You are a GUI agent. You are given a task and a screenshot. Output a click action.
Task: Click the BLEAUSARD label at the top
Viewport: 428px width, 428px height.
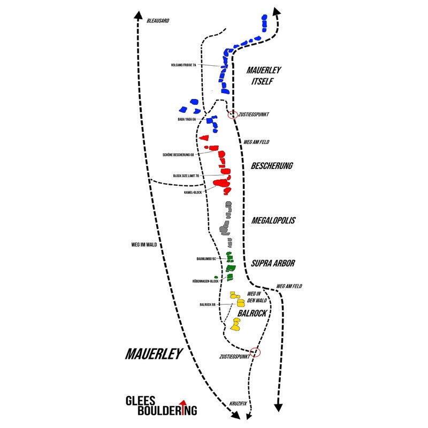click(x=157, y=20)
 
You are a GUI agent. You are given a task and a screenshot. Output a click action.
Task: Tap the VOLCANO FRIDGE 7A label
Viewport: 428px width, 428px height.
click(x=184, y=65)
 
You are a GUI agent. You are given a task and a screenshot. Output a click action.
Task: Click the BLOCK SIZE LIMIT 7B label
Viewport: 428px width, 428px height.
click(x=186, y=175)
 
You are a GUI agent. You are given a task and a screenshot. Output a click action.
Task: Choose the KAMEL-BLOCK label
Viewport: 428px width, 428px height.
click(x=193, y=192)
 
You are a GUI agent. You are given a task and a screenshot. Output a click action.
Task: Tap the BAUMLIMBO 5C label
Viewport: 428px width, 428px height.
click(x=207, y=258)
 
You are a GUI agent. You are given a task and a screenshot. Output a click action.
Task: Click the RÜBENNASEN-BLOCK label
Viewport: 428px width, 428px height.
click(x=205, y=281)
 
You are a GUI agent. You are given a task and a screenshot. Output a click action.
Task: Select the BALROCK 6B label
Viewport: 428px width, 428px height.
click(x=208, y=304)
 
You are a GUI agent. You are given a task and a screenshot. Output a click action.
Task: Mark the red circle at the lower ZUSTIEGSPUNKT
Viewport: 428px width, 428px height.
click(x=255, y=353)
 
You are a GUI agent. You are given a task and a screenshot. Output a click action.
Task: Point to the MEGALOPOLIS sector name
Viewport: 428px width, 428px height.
click(x=273, y=220)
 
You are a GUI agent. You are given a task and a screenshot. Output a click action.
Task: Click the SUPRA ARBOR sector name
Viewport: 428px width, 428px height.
click(x=273, y=263)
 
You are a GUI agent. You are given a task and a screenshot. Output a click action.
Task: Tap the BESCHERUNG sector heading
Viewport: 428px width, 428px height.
click(x=272, y=166)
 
